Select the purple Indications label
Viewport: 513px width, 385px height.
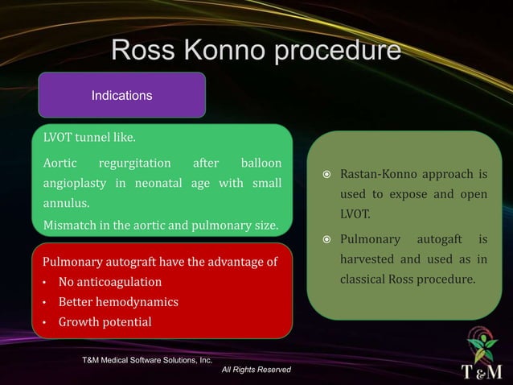pyautogui.click(x=121, y=95)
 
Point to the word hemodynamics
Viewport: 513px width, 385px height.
pyautogui.click(x=137, y=302)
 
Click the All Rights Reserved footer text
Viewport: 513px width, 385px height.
pyautogui.click(x=256, y=370)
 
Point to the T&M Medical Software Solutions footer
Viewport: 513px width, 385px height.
pyautogui.click(x=142, y=359)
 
